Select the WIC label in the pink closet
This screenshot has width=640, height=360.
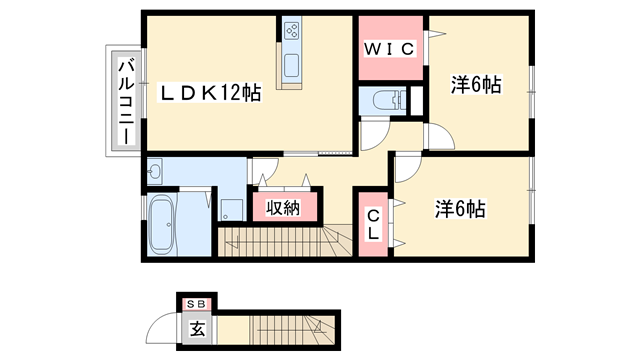point(388,47)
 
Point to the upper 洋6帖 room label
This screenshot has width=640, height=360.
point(475,85)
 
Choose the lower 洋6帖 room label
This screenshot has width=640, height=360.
point(460,210)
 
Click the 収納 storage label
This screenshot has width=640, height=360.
point(283,208)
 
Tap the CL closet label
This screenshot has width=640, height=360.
point(371,225)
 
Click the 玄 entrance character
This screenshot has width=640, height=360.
point(197,328)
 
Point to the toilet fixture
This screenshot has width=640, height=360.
point(386,100)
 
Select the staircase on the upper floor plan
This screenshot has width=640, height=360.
point(280,243)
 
